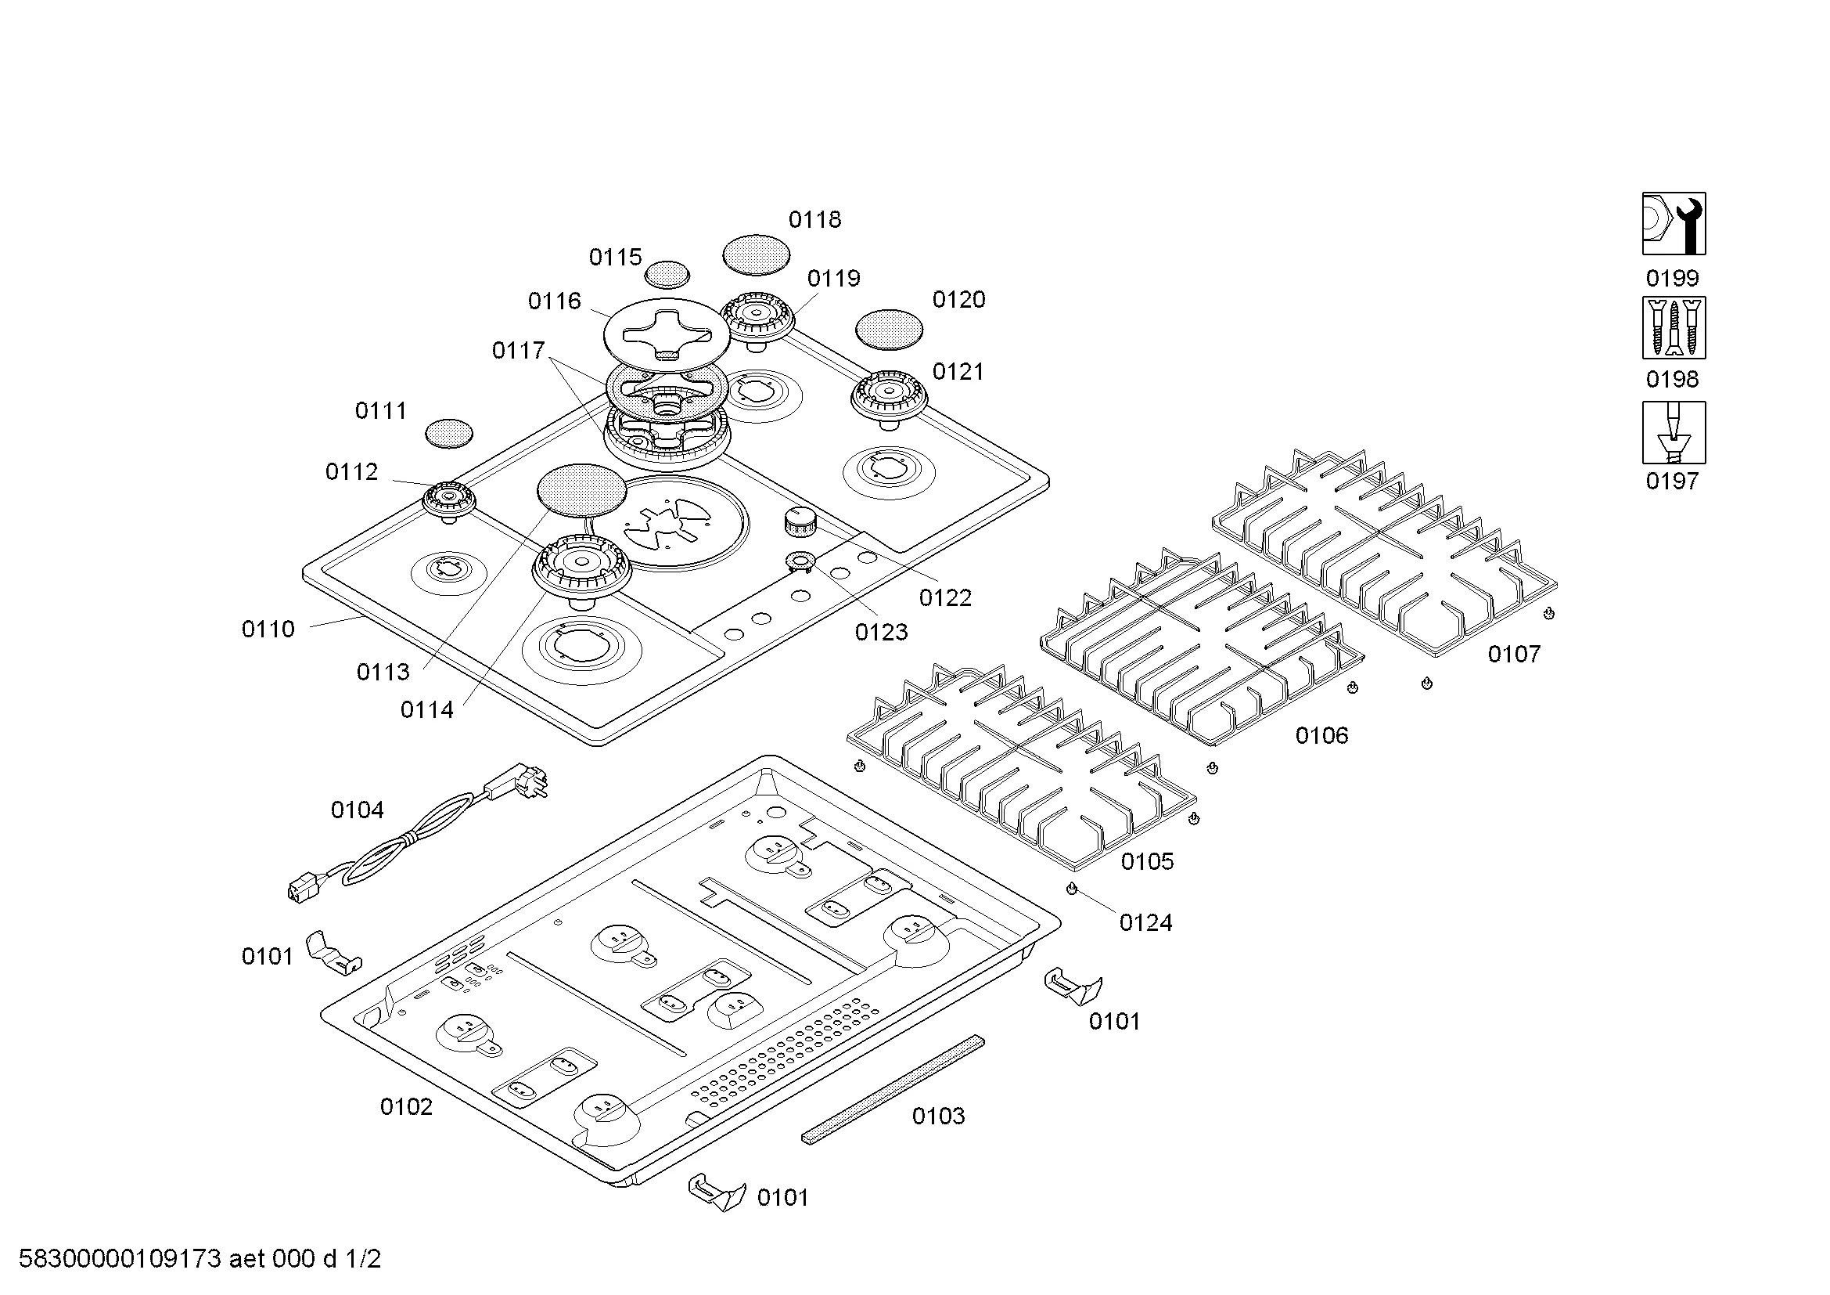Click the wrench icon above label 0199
pyautogui.click(x=1673, y=223)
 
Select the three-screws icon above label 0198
pyautogui.click(x=1673, y=328)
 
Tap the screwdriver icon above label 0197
pyautogui.click(x=1673, y=432)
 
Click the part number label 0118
pyautogui.click(x=814, y=219)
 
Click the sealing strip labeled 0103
pyautogui.click(x=893, y=1089)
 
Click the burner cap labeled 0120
pyautogui.click(x=889, y=330)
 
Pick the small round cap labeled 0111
pyautogui.click(x=449, y=433)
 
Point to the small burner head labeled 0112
pyautogui.click(x=450, y=501)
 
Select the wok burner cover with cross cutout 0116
pyautogui.click(x=667, y=335)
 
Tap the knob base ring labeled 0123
pyautogui.click(x=798, y=561)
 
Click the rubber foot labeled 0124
pyautogui.click(x=1071, y=889)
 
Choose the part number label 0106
pyautogui.click(x=1321, y=735)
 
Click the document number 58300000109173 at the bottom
pyautogui.click(x=120, y=1259)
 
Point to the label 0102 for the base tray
pyautogui.click(x=406, y=1106)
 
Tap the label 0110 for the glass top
pyautogui.click(x=268, y=629)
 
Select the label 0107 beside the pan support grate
pyautogui.click(x=1514, y=654)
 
